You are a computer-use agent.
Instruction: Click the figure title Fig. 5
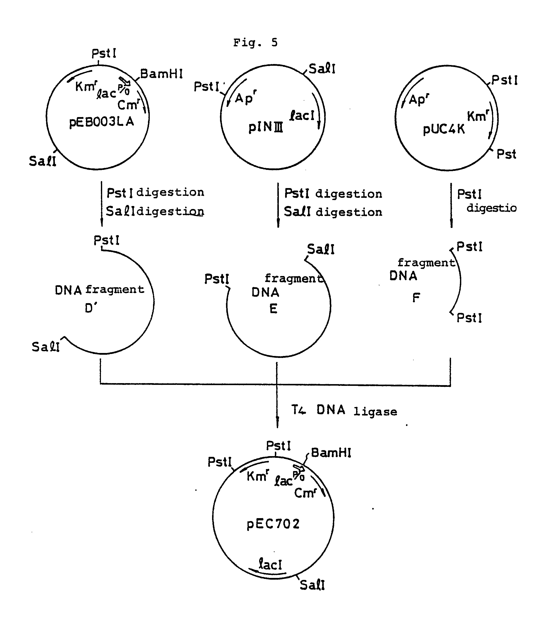pyautogui.click(x=255, y=43)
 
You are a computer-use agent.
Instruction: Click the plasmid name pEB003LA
pyautogui.click(x=101, y=122)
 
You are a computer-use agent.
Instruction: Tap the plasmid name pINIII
pyautogui.click(x=266, y=127)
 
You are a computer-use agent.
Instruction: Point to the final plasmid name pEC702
pyautogui.click(x=273, y=524)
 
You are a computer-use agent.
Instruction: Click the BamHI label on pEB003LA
pyautogui.click(x=161, y=74)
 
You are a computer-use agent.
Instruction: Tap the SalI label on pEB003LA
pyautogui.click(x=43, y=161)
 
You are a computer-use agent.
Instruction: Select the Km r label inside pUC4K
pyautogui.click(x=478, y=116)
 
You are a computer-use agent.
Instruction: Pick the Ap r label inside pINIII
pyautogui.click(x=245, y=98)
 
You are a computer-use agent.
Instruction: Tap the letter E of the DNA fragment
pyautogui.click(x=273, y=309)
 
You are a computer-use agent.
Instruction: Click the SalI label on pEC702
pyautogui.click(x=312, y=585)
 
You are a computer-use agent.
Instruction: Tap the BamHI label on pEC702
pyautogui.click(x=331, y=453)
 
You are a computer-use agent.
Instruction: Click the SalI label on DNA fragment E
pyautogui.click(x=321, y=250)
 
